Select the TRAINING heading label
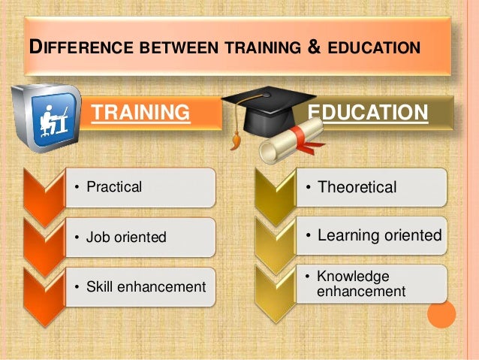click(x=140, y=113)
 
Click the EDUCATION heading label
click(x=369, y=113)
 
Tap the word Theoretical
click(x=357, y=187)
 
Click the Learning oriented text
click(x=379, y=236)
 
